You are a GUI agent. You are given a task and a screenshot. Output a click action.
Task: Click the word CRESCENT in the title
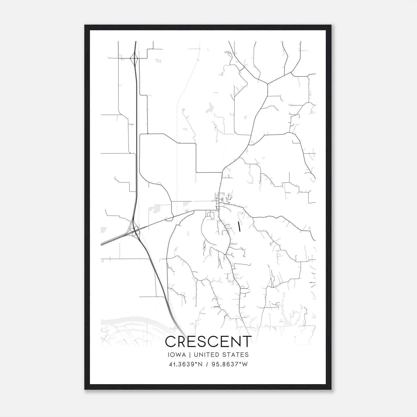[208, 342]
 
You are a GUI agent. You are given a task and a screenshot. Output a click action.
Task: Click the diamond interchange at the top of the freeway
[134, 58]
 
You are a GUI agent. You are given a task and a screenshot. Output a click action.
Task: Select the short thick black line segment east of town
[239, 226]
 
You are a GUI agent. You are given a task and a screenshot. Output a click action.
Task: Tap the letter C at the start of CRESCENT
[171, 342]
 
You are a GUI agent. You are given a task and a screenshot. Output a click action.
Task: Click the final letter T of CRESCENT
[247, 342]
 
